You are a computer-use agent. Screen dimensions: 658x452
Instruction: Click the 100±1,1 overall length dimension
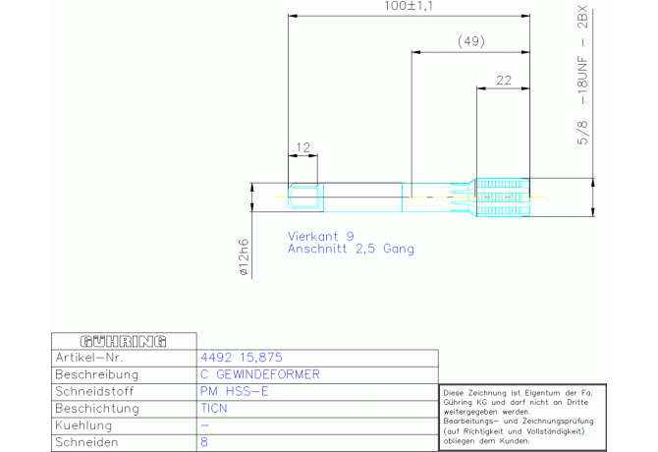coord(408,6)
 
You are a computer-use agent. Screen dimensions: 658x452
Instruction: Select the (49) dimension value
coord(470,41)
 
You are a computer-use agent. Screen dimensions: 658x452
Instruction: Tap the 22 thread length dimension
coord(504,81)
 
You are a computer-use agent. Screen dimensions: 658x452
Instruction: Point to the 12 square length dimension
coord(302,147)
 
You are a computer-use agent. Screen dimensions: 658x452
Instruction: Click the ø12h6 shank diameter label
coord(244,257)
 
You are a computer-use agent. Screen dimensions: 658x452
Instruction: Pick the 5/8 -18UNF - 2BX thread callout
coord(583,76)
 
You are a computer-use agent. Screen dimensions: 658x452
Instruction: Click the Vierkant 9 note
coord(320,236)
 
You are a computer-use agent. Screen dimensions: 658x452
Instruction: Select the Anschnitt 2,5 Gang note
coord(351,249)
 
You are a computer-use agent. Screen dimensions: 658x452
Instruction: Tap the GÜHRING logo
coord(124,342)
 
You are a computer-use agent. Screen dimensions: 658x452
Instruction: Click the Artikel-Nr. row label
coord(89,358)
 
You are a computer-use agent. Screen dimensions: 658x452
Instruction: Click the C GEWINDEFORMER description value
coord(260,374)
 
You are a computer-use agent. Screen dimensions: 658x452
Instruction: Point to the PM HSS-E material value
coord(234,391)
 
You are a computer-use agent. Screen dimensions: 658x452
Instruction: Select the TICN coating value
coord(213,409)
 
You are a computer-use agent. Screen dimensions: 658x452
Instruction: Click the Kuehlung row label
coord(83,425)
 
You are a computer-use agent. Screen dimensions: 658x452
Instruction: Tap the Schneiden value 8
coord(204,442)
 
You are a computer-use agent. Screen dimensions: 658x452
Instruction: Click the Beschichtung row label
coord(97,409)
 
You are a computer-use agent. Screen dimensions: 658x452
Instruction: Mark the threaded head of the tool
coord(503,198)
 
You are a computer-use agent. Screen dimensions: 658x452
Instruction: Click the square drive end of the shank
coord(305,198)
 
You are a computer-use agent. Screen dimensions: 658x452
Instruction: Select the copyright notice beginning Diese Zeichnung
coord(519,417)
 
